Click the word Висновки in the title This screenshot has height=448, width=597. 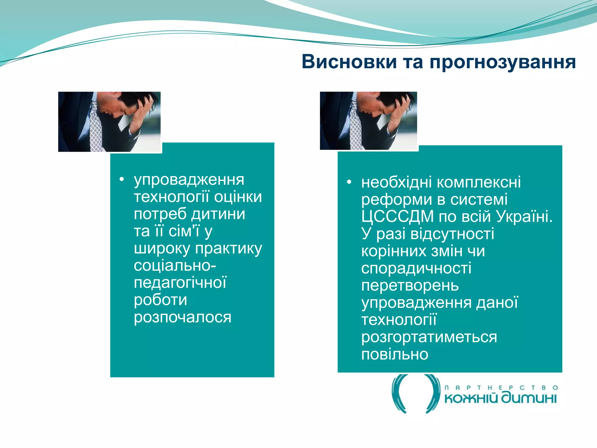(x=349, y=62)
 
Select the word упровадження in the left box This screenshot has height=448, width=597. (x=189, y=180)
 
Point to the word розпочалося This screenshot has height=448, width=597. (x=182, y=317)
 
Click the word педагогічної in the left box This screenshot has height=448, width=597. (x=180, y=283)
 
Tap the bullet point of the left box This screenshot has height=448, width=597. (x=122, y=179)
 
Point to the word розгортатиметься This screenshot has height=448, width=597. (x=429, y=337)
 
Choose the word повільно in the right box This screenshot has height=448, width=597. (x=394, y=355)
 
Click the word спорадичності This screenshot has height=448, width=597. (x=416, y=269)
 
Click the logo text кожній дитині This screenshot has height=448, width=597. (x=500, y=398)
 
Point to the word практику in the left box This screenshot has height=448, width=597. (x=229, y=249)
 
